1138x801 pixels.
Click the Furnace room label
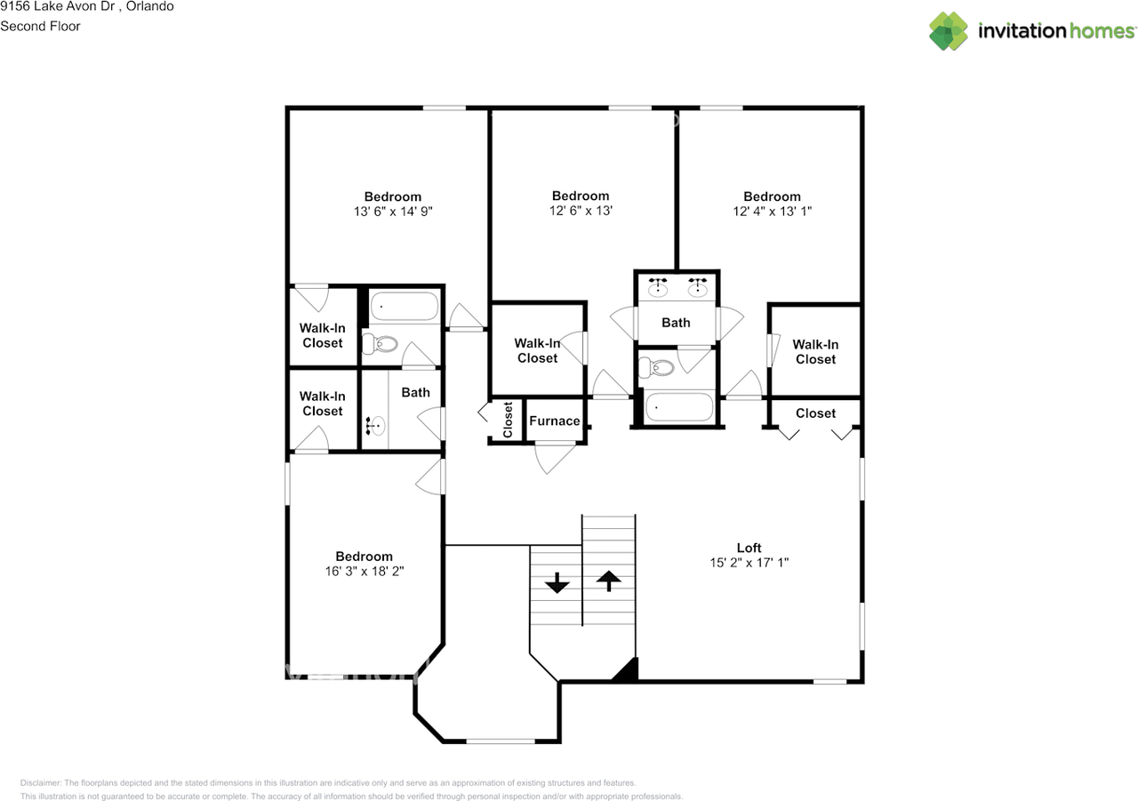(x=554, y=421)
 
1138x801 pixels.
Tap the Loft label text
(x=749, y=548)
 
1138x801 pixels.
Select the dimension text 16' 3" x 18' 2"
(x=365, y=571)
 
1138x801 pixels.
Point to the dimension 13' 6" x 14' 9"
(x=393, y=211)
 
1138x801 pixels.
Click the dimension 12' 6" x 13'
(x=581, y=211)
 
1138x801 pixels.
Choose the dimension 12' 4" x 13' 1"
(x=773, y=211)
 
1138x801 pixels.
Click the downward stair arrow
(x=557, y=582)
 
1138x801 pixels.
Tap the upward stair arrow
(x=609, y=581)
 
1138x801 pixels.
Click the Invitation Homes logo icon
(x=949, y=31)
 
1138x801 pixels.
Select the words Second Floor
(x=40, y=26)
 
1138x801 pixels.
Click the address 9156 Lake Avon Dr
(x=58, y=6)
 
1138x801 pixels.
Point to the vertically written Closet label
(x=508, y=420)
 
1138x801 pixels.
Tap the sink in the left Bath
(x=375, y=425)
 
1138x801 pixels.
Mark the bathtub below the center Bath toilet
(x=678, y=406)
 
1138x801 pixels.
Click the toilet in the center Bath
(x=656, y=367)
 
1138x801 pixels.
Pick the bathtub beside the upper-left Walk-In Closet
(x=405, y=306)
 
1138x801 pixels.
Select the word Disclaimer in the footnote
(x=40, y=782)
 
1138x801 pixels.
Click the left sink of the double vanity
(x=658, y=287)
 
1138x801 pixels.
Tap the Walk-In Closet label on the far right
(x=815, y=351)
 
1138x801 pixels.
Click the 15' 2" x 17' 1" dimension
(x=749, y=562)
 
